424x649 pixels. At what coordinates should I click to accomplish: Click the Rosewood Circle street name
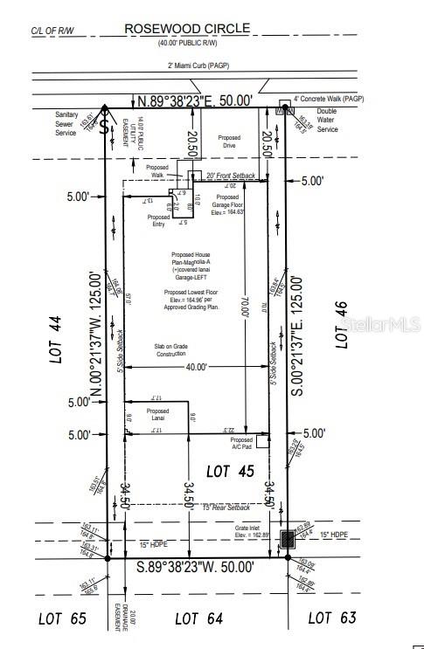187,28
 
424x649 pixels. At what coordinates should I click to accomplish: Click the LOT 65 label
62,618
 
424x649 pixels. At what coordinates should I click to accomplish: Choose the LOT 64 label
198,618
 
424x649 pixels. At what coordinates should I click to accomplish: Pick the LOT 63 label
332,618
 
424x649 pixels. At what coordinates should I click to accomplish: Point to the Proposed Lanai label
157,416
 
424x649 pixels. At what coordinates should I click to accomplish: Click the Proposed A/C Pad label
241,444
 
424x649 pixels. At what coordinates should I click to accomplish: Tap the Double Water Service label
326,121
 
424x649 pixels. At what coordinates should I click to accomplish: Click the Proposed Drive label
229,142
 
